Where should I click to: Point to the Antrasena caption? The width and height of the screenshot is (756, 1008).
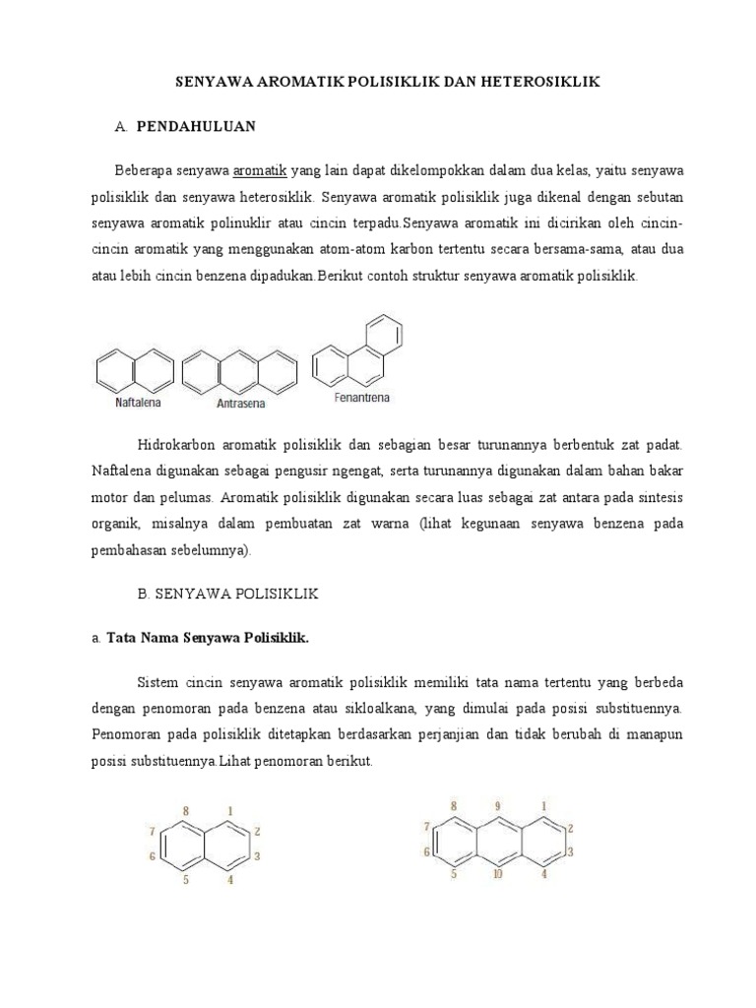241,403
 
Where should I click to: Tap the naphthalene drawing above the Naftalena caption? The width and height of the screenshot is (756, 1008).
135,371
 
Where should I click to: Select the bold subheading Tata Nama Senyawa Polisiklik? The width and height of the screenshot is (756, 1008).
207,638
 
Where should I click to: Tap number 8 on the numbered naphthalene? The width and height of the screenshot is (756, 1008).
185,811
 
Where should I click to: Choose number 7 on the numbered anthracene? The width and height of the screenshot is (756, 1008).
427,825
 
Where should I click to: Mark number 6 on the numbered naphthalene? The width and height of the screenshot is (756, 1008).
153,856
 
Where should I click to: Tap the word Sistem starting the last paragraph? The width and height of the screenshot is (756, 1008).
156,682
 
